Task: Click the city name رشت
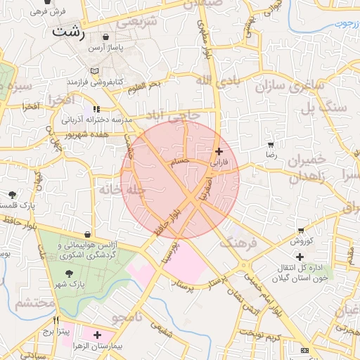(x=69, y=32)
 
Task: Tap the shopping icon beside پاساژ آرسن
(x=105, y=37)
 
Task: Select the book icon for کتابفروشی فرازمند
(x=94, y=71)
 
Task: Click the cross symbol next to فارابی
(x=219, y=150)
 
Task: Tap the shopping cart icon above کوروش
(x=302, y=230)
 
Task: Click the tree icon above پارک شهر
(x=68, y=273)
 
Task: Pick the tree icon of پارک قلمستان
(x=11, y=194)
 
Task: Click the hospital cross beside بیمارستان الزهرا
(x=97, y=335)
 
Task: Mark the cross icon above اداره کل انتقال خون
(x=300, y=257)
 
